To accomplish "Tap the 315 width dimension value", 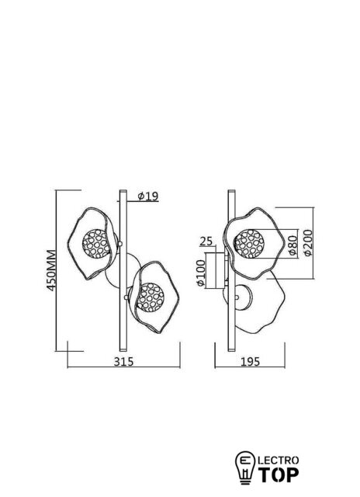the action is tap(124, 361).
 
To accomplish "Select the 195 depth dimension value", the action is tap(250, 361).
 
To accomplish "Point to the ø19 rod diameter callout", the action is tap(148, 196).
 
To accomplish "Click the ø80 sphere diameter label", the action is tap(293, 245).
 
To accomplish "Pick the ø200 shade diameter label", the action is tap(307, 242).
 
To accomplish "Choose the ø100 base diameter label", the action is tap(201, 273).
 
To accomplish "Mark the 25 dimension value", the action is tap(206, 242).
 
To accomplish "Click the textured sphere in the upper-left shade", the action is tap(96, 243).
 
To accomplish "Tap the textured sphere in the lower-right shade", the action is tap(150, 297).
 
